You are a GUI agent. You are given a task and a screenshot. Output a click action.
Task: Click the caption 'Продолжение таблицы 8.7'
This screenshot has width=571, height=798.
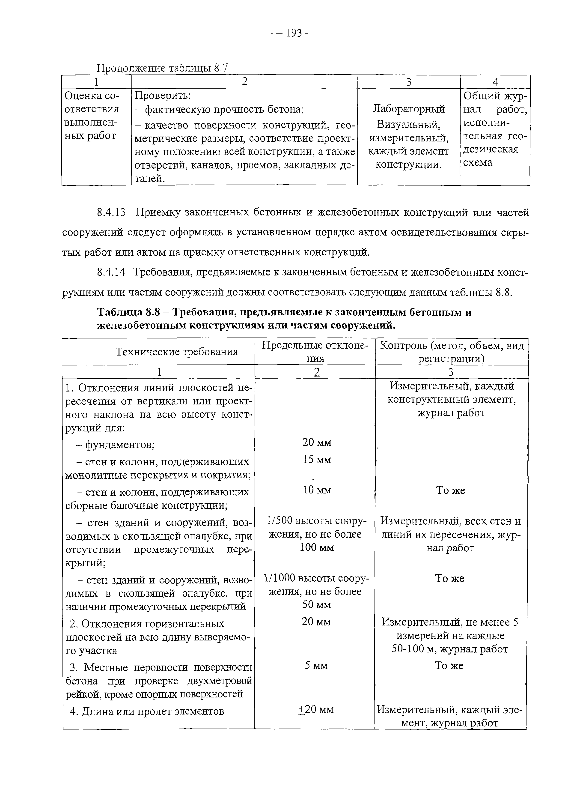(x=162, y=68)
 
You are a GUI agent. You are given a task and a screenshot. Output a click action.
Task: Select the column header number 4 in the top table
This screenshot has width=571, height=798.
(x=495, y=82)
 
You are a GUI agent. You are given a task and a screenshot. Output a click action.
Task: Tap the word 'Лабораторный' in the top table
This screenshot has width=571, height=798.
(x=409, y=109)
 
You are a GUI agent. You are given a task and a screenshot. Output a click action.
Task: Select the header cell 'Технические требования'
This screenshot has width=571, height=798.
(x=177, y=352)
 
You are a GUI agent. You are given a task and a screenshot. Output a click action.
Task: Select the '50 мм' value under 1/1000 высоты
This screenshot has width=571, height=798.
(x=316, y=605)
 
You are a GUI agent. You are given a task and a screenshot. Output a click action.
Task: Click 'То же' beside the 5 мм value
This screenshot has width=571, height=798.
(x=449, y=665)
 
